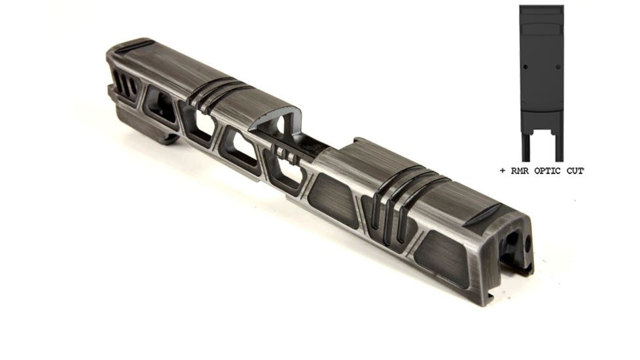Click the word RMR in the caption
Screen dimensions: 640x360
pos(520,171)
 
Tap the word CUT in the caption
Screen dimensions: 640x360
pos(575,171)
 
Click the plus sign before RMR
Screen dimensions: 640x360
pos(503,171)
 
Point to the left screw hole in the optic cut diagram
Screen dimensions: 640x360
pos(525,67)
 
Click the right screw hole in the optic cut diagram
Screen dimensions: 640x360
pos(558,67)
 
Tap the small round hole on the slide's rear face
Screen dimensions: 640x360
pos(527,243)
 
